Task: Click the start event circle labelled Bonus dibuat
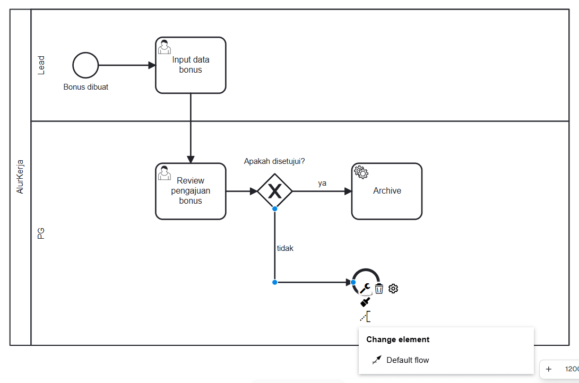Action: [x=85, y=65]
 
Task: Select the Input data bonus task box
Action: [x=191, y=65]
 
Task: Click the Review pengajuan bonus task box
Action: [x=191, y=191]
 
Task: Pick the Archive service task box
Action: [x=386, y=191]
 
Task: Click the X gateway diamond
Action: [x=275, y=191]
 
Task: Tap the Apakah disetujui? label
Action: [x=274, y=161]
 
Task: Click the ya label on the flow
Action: [x=322, y=183]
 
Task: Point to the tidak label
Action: [x=285, y=248]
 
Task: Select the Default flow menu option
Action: [x=407, y=360]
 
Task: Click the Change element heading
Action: [x=397, y=340]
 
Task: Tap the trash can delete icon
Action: [x=379, y=289]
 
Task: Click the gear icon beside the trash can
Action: [x=393, y=289]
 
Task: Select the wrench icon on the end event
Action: [x=365, y=288]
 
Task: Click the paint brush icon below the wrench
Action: [x=365, y=302]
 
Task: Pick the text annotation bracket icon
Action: [x=365, y=317]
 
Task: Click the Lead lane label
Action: [x=41, y=65]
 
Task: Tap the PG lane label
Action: [x=41, y=233]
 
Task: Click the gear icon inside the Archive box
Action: [x=361, y=172]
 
